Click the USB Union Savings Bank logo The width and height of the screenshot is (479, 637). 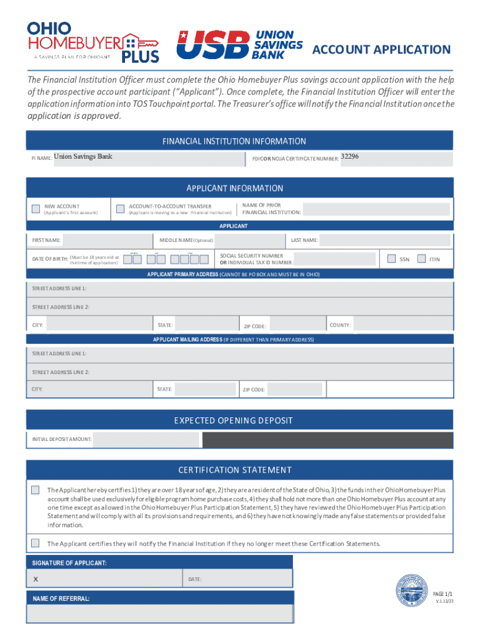tap(240, 45)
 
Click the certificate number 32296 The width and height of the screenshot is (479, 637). tap(350, 157)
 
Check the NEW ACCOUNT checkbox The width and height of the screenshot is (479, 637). tap(36, 208)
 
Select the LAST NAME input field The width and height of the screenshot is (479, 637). tap(386, 240)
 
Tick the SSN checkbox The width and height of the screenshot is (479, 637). tap(391, 259)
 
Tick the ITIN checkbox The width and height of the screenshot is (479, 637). tap(422, 259)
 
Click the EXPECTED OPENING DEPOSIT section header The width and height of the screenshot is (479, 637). tap(240, 421)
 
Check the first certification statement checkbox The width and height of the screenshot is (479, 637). tap(35, 490)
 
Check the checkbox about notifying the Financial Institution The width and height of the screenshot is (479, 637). tap(35, 542)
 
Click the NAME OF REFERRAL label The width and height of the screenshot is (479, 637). tap(61, 598)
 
